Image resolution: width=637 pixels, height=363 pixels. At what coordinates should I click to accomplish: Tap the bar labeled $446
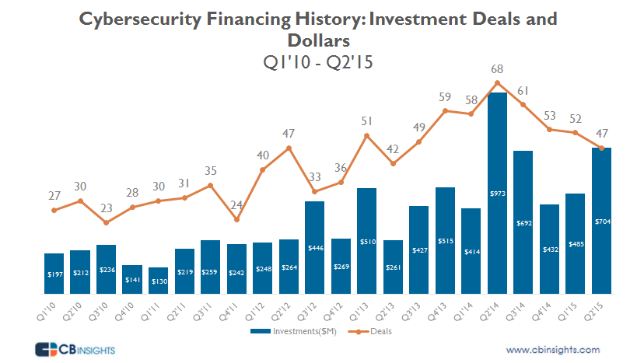click(315, 247)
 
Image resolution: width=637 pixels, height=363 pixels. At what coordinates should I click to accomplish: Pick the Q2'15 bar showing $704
click(603, 221)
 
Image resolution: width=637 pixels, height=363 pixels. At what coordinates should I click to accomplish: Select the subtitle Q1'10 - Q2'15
click(318, 61)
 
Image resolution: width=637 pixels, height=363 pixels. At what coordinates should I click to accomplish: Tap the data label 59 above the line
click(446, 97)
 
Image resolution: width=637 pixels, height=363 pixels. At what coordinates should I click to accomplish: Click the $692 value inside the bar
click(524, 224)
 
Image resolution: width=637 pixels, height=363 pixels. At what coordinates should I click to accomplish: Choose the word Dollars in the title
click(318, 39)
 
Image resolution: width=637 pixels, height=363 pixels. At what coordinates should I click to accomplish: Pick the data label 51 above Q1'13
click(367, 120)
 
